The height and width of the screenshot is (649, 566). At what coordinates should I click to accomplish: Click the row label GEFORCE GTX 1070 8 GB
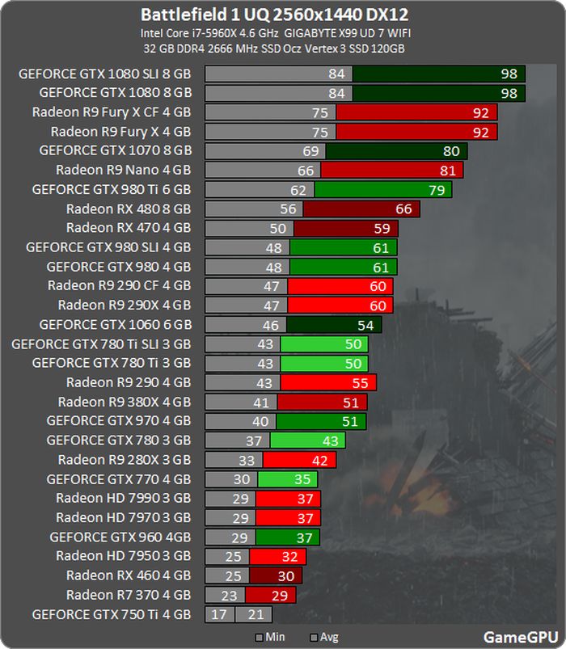click(x=115, y=150)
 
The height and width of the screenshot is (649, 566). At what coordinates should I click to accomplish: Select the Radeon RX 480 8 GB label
click(x=129, y=209)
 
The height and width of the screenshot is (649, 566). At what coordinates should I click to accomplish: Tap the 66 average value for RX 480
click(x=403, y=209)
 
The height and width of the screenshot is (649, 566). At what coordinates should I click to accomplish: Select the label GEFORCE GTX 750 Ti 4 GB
click(x=112, y=614)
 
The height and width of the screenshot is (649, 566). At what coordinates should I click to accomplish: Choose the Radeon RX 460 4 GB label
click(x=129, y=575)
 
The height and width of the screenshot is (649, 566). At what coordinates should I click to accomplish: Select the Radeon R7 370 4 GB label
click(x=129, y=595)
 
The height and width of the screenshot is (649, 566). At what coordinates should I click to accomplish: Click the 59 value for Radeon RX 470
click(x=381, y=229)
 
